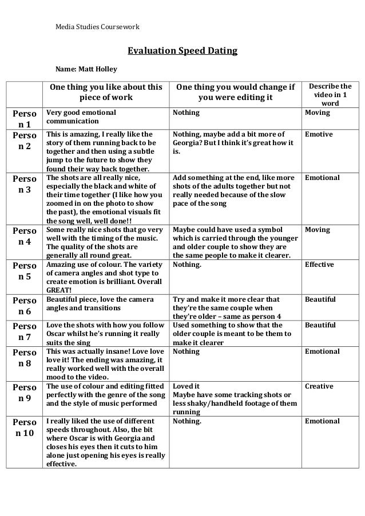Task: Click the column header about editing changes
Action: pyautogui.click(x=235, y=93)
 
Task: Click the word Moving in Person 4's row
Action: pyautogui.click(x=318, y=230)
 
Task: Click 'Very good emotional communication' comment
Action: pyautogui.click(x=81, y=117)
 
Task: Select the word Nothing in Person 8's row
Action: pyautogui.click(x=186, y=351)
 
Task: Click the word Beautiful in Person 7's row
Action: pyautogui.click(x=320, y=325)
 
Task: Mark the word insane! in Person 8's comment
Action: pyautogui.click(x=118, y=351)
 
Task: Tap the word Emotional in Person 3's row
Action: pyautogui.click(x=322, y=178)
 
